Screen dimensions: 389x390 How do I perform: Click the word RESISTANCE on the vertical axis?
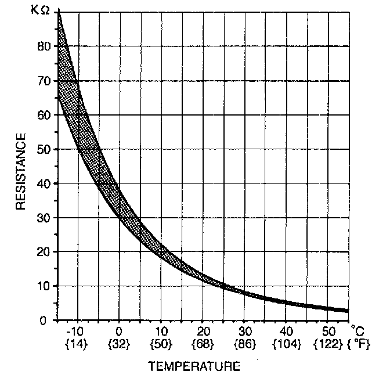coord(21,172)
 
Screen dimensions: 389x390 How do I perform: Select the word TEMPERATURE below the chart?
coord(194,366)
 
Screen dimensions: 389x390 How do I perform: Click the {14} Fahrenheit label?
coord(77,344)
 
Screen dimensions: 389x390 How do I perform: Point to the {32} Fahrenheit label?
coord(119,344)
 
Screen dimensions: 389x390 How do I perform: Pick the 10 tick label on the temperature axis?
coord(160,332)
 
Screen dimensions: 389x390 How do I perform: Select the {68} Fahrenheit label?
coord(202,344)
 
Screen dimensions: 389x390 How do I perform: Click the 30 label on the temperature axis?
coord(244,332)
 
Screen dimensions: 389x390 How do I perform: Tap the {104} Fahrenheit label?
coord(285,344)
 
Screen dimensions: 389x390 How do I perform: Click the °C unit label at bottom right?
coord(358,332)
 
